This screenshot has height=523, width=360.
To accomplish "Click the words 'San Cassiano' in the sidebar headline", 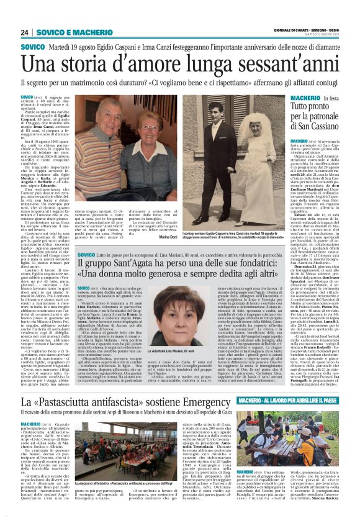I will point(314,129).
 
